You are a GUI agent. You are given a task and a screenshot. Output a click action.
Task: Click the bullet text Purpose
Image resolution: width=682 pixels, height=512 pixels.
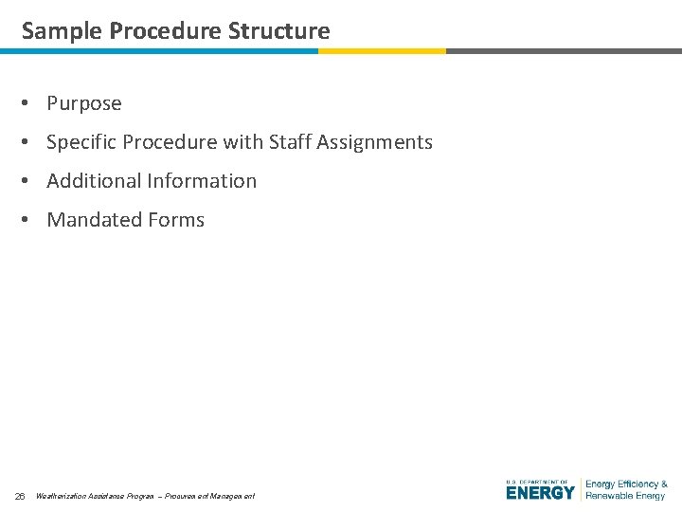[x=84, y=103]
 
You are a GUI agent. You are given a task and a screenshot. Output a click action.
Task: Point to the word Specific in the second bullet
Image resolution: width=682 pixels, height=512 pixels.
[x=83, y=142]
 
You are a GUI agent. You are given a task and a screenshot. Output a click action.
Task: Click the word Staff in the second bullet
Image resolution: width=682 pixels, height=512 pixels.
[x=290, y=142]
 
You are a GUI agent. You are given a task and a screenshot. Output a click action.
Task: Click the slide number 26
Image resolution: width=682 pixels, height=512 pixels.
[x=20, y=496]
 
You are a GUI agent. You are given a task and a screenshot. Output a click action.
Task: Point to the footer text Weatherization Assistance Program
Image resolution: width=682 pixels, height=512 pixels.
[x=94, y=496]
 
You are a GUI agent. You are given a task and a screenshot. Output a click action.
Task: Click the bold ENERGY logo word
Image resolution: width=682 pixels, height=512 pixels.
[x=540, y=493]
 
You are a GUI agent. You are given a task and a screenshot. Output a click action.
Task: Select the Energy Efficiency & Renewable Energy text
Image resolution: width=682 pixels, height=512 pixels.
[x=626, y=489]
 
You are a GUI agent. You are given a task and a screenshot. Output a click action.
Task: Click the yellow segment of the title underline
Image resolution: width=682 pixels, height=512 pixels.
[x=382, y=51]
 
